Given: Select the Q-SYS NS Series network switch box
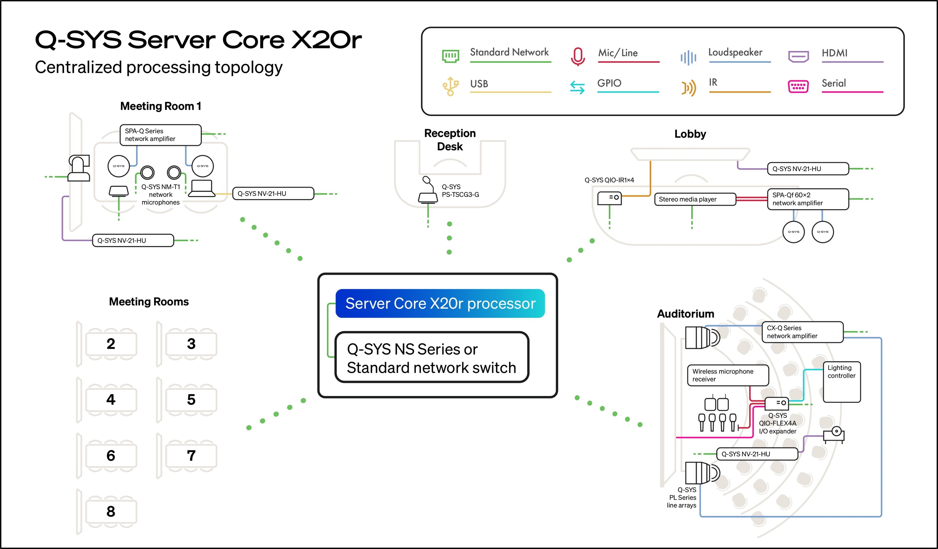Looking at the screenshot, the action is pyautogui.click(x=432, y=357).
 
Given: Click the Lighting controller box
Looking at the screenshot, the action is pyautogui.click(x=842, y=382).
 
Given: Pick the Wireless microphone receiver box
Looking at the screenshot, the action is pyautogui.click(x=728, y=375).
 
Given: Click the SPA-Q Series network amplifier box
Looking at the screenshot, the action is pyautogui.click(x=161, y=135).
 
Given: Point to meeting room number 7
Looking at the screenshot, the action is pyautogui.click(x=191, y=455).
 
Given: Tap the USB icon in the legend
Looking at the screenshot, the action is pyautogui.click(x=450, y=86).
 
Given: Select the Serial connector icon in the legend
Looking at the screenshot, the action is pyautogui.click(x=798, y=87).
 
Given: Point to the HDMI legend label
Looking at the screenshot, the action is pyautogui.click(x=834, y=53).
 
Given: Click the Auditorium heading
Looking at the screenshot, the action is pyautogui.click(x=686, y=314).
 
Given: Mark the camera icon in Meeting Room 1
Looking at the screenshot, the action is pyautogui.click(x=79, y=168).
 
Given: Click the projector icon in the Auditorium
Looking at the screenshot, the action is pyautogui.click(x=834, y=435).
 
